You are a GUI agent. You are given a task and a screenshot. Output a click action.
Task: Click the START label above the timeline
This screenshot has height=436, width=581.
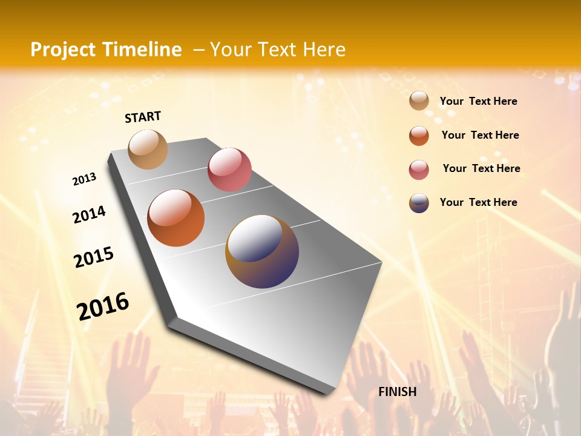coord(143,117)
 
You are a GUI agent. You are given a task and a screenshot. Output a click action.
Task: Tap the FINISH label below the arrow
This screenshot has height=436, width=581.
coord(398,392)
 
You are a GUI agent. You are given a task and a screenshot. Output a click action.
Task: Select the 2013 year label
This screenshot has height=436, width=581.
coord(85,179)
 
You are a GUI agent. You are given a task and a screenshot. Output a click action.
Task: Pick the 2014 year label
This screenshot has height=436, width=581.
coord(90,214)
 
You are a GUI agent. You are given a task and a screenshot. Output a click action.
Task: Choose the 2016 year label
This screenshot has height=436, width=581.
coord(103,306)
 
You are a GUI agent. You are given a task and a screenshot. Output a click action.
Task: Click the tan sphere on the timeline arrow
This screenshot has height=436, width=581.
coord(148,149)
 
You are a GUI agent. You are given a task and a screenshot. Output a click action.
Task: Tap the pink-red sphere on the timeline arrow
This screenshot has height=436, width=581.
coord(229,170)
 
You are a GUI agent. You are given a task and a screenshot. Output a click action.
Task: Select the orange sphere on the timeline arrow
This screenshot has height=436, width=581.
coord(176,218)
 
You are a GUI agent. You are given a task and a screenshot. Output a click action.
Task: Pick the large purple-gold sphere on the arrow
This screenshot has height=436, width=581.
coord(262,251)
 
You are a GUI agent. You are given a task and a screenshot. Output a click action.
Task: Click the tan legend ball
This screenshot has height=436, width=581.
coord(419,101)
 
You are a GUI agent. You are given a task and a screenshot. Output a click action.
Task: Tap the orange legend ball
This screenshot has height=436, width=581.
coord(419,136)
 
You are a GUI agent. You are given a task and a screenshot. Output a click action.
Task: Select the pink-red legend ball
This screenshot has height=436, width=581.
coord(419,170)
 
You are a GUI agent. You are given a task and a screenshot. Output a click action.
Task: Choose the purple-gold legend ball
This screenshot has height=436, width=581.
coord(419,203)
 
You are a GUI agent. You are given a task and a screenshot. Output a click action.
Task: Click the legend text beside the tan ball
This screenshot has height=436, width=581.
coord(478,101)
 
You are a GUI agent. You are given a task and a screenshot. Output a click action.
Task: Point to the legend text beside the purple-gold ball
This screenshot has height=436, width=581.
coord(478,202)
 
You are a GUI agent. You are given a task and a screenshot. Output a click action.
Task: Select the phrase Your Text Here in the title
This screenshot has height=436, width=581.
coord(278,50)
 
